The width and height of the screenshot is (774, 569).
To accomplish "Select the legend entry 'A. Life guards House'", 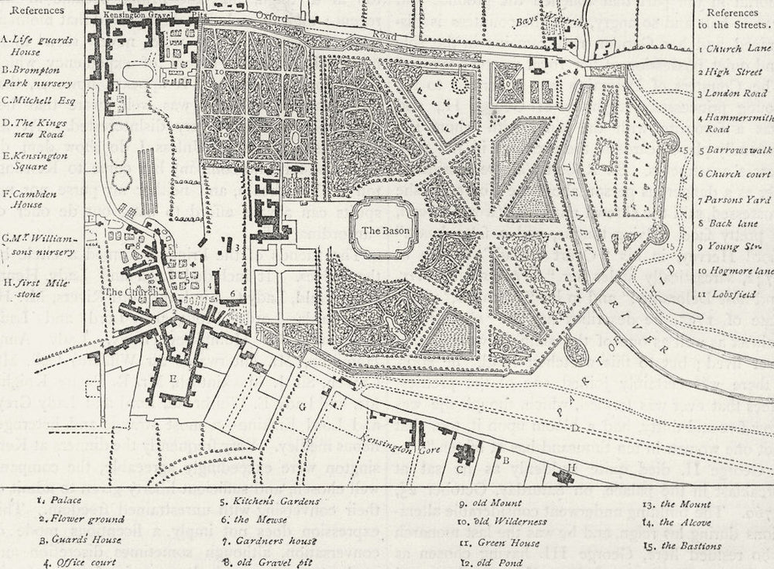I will (x=34, y=45).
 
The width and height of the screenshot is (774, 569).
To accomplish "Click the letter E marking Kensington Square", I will (x=173, y=379).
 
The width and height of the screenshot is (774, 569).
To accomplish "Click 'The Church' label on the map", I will (x=124, y=292).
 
